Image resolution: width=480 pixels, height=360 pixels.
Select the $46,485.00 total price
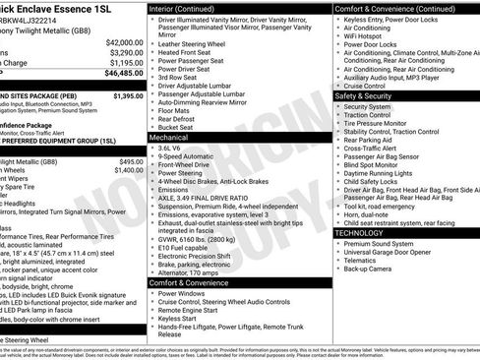[123, 73]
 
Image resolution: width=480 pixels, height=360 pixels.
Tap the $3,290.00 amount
[125, 53]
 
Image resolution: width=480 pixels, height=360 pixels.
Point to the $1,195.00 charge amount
[125, 63]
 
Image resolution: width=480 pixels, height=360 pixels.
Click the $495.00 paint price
[132, 161]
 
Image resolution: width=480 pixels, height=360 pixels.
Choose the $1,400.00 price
[128, 170]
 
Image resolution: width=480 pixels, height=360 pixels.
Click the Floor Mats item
[176, 109]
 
